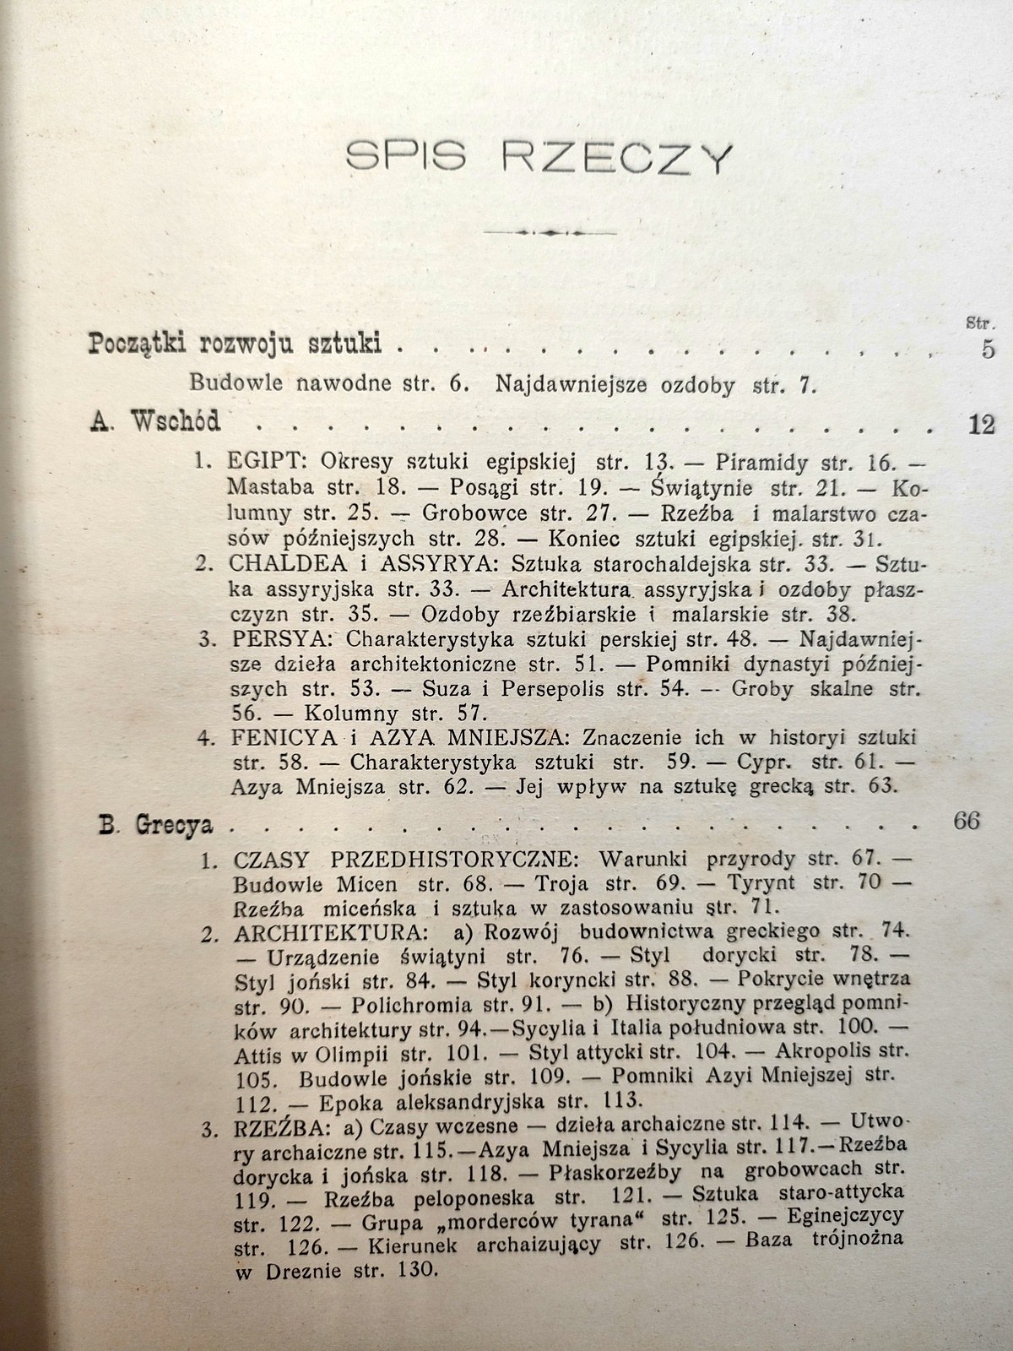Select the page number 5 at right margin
(x=988, y=348)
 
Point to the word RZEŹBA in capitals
(x=268, y=1126)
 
